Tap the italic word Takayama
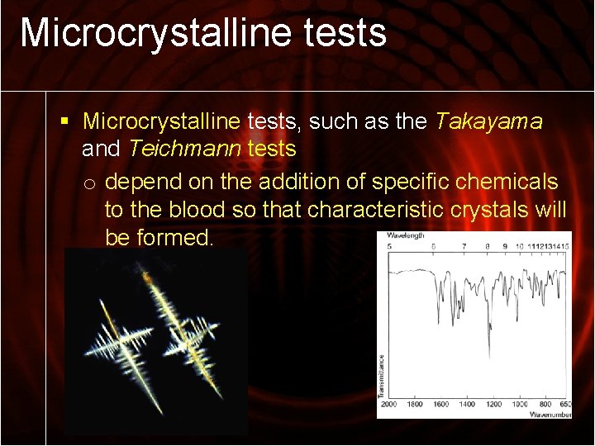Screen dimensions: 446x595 tap(488, 122)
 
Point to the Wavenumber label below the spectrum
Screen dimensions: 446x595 tap(550, 414)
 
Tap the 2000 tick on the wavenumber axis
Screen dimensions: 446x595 tap(389, 404)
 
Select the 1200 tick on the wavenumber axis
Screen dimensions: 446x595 tap(493, 404)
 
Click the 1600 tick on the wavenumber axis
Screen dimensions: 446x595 tap(440, 404)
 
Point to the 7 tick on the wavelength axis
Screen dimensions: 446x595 tap(464, 246)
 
